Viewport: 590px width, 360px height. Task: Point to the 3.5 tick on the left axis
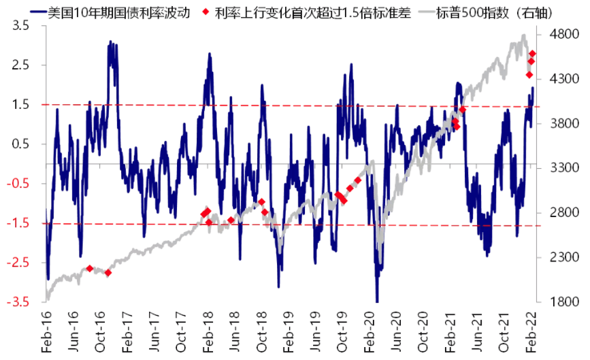(20, 25)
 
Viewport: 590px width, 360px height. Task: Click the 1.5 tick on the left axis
(20, 105)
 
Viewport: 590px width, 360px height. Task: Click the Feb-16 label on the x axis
(48, 333)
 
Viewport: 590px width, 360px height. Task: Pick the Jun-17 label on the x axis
(154, 333)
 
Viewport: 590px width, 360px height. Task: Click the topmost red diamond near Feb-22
(533, 54)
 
